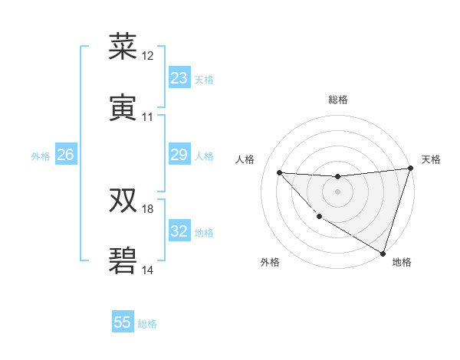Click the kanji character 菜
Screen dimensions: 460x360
point(123,47)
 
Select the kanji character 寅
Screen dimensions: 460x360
point(123,107)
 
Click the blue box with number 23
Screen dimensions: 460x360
point(179,78)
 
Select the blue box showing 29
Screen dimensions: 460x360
point(179,155)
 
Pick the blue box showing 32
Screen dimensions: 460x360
point(179,232)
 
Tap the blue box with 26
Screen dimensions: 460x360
point(65,155)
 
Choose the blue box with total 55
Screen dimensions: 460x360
point(123,322)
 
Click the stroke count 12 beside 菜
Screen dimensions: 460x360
point(148,56)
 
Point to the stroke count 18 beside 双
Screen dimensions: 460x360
point(148,209)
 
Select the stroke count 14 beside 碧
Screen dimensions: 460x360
point(148,270)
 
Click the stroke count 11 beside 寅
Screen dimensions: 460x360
point(148,117)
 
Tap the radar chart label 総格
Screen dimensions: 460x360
point(337,100)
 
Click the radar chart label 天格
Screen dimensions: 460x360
point(431,159)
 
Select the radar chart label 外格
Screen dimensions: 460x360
point(270,262)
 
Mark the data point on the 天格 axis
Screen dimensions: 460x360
point(410,169)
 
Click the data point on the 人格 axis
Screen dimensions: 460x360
point(279,172)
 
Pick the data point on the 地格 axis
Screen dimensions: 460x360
point(383,253)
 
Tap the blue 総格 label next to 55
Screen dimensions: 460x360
point(147,324)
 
